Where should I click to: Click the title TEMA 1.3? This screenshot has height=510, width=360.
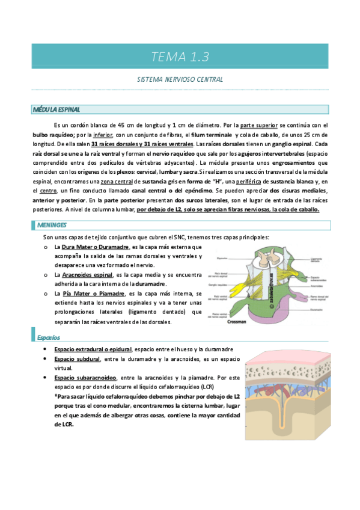tap(180, 58)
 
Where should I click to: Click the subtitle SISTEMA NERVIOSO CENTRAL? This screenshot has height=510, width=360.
tap(180, 79)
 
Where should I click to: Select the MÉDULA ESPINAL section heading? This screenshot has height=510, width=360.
tap(56, 109)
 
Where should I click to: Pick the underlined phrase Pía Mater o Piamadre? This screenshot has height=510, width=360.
tap(89, 293)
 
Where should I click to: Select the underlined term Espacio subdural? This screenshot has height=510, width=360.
tap(77, 359)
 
